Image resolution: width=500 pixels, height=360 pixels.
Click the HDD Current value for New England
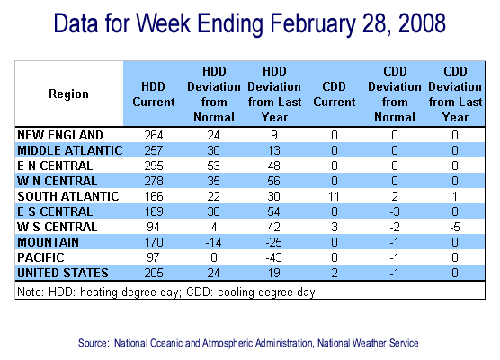pos(154,135)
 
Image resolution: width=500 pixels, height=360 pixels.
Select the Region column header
pos(68,94)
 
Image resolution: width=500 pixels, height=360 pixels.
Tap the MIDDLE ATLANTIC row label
pos(70,150)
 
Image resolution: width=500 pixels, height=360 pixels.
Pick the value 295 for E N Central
pos(154,166)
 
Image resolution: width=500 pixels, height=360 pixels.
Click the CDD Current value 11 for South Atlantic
pos(334,196)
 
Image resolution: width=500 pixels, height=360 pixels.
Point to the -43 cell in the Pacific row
pos(274,258)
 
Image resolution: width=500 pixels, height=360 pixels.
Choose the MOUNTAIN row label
pos(49,243)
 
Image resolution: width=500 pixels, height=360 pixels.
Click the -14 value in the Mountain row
pos(213,243)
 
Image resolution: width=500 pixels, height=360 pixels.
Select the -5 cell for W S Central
pos(455,227)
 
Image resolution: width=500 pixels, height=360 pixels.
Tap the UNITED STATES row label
pos(63,274)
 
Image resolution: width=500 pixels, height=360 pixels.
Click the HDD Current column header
pos(154,94)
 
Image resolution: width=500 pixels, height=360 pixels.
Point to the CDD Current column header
pos(335,94)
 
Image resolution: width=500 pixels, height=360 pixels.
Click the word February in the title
pos(313,23)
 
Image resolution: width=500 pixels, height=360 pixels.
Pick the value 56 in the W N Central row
pos(274,181)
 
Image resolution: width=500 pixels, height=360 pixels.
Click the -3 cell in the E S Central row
pos(395,211)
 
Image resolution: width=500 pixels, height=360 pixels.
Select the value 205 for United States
pos(154,274)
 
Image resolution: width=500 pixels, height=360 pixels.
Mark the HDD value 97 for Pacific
pos(154,258)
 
